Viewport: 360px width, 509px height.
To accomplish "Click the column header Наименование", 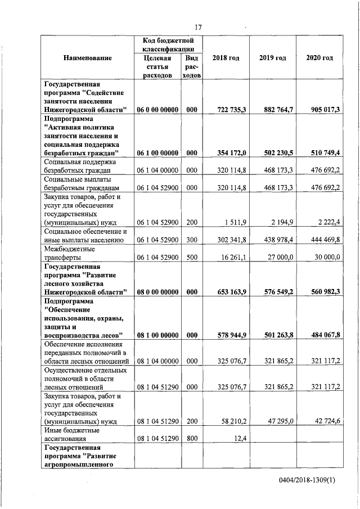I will [87, 58].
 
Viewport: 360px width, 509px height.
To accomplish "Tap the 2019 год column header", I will [273, 58].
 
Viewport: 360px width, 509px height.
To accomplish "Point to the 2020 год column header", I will [319, 58].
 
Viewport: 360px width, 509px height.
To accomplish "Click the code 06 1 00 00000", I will [157, 153].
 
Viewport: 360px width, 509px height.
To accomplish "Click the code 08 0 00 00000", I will [157, 292].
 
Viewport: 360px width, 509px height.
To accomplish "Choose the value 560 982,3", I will [322, 292].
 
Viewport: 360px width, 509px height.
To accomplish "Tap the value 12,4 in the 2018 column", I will [240, 438].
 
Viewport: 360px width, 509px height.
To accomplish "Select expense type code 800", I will [191, 438].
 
